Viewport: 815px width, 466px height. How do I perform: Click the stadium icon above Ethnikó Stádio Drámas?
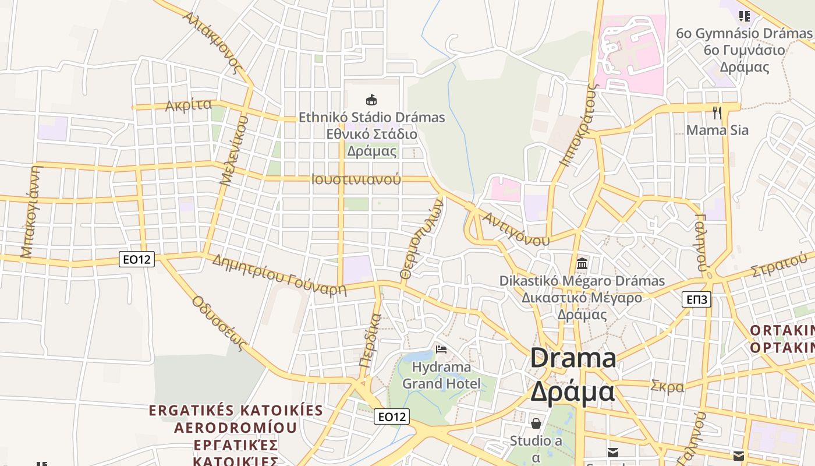tap(371, 100)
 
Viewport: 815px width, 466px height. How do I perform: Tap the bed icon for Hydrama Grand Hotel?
tap(441, 349)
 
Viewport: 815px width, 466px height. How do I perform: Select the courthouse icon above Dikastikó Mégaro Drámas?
tap(582, 263)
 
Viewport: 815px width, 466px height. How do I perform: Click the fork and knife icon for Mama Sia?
tap(717, 112)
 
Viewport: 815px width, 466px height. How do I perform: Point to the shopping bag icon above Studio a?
tap(536, 423)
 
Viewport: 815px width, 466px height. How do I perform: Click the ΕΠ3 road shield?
tap(696, 299)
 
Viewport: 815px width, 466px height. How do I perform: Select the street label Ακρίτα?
tap(188, 105)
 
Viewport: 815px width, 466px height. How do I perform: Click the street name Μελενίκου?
tap(235, 150)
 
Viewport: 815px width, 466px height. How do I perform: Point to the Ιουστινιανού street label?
tap(356, 179)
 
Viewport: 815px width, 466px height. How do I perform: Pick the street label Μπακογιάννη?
tap(31, 211)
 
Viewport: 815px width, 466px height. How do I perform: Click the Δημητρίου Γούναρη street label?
tap(279, 275)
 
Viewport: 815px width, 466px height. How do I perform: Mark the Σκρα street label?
tap(667, 386)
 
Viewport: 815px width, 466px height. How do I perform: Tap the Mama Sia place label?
tap(717, 130)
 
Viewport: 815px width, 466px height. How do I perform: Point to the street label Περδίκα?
tap(370, 340)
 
